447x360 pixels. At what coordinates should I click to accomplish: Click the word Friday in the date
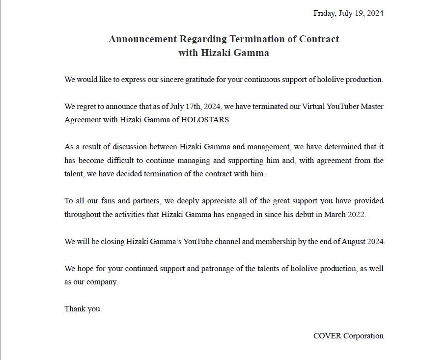pyautogui.click(x=325, y=13)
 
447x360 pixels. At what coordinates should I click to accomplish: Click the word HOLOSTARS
pyautogui.click(x=205, y=120)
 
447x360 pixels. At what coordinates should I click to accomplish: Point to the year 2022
pyautogui.click(x=356, y=215)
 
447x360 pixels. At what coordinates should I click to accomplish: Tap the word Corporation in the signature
pyautogui.click(x=363, y=336)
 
